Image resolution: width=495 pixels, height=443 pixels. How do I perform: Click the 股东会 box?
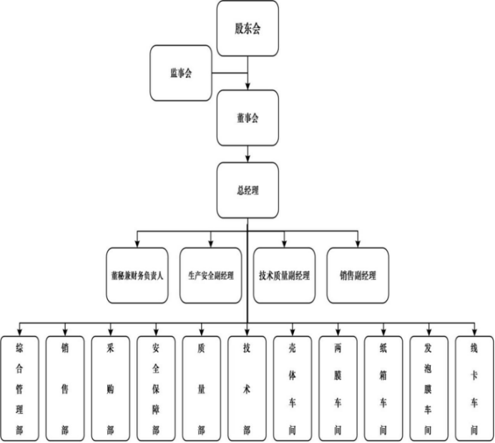pyautogui.click(x=247, y=29)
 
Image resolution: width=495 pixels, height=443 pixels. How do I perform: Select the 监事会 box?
pyautogui.click(x=181, y=74)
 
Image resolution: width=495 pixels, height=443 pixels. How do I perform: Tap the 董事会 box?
pyautogui.click(x=247, y=118)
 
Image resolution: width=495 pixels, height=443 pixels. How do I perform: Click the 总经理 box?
pyautogui.click(x=247, y=191)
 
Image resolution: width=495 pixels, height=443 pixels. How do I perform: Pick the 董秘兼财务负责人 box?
pyautogui.click(x=137, y=275)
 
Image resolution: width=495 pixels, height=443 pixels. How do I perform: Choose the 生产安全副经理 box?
pyautogui.click(x=210, y=275)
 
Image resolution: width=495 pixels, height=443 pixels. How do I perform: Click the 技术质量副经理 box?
pyautogui.click(x=284, y=275)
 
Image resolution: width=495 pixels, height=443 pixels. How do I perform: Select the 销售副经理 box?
pyautogui.click(x=358, y=275)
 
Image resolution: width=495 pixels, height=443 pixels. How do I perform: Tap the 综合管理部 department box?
pyautogui.click(x=20, y=388)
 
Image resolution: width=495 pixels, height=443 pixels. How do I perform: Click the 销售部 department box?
pyautogui.click(x=65, y=388)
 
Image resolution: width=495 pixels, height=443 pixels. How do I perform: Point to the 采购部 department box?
pyautogui.click(x=110, y=388)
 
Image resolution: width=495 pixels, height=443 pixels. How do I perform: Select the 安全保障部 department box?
pyautogui.click(x=156, y=388)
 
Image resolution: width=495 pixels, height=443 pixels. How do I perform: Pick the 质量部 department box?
pyautogui.click(x=201, y=388)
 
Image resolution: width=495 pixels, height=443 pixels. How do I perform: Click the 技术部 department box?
pyautogui.click(x=247, y=388)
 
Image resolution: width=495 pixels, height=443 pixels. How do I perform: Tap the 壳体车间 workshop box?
pyautogui.click(x=292, y=388)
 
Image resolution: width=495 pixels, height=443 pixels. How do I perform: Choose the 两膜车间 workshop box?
pyautogui.click(x=338, y=388)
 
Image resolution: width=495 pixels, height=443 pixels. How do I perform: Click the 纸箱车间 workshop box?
pyautogui.click(x=383, y=388)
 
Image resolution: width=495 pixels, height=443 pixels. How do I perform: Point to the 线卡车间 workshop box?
pyautogui.click(x=474, y=388)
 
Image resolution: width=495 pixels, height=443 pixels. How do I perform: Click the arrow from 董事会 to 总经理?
pyautogui.click(x=247, y=154)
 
